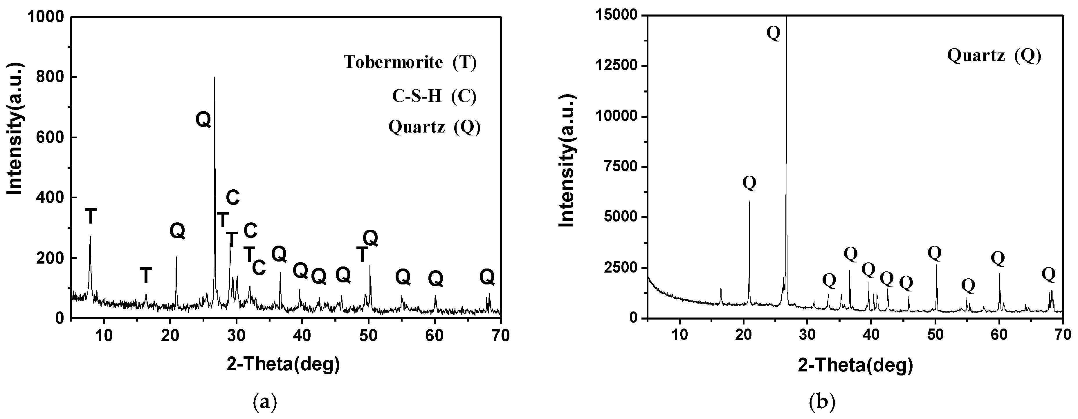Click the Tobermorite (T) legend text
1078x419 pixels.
[x=410, y=62]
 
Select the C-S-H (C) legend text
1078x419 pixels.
[x=434, y=97]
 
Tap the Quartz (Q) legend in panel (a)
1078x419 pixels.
[x=434, y=127]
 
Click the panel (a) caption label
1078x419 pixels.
[x=265, y=402]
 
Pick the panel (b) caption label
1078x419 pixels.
[x=822, y=402]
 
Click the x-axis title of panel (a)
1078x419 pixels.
[x=283, y=364]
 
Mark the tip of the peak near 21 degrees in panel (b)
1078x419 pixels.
[x=749, y=201]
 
